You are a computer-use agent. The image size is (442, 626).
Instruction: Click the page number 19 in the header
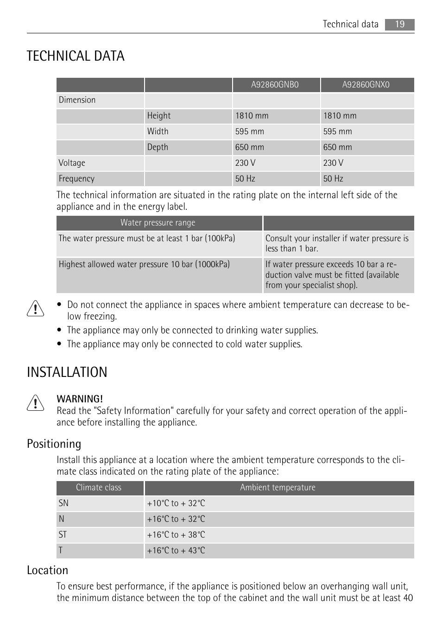399,25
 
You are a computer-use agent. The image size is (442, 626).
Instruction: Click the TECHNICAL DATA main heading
76,56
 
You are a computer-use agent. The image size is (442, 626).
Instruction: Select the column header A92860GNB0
275,85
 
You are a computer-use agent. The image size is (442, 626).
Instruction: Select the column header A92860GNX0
366,85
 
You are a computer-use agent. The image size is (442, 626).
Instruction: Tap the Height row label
159,116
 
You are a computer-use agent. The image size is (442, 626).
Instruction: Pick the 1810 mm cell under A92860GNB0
252,116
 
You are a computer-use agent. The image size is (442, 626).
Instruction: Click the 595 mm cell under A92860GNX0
338,131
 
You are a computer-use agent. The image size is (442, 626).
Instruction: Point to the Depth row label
158,147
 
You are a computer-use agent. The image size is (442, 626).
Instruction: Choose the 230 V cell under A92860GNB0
245,163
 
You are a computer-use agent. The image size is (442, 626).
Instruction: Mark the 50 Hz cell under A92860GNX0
333,179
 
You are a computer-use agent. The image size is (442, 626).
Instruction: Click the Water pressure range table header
158,223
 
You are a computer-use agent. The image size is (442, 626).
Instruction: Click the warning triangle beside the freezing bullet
35,309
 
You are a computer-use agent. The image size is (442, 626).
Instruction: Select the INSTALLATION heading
67,372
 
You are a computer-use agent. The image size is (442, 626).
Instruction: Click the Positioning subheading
54,444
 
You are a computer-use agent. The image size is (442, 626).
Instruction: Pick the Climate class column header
99,488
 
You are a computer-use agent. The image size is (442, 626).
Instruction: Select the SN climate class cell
63,503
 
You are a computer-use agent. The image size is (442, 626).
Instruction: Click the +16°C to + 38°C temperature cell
176,535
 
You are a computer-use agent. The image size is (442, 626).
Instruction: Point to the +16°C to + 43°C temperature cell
176,551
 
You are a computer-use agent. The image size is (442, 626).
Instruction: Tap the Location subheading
47,570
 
